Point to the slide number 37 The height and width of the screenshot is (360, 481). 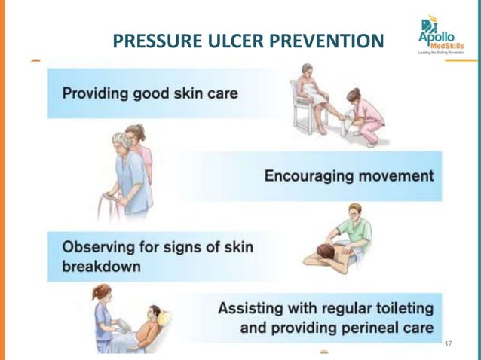[x=449, y=343]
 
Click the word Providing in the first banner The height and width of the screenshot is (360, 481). [x=93, y=94]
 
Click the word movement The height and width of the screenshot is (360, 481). [x=396, y=177]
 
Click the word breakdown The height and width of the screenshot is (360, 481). [x=101, y=267]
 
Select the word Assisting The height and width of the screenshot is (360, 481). [x=253, y=309]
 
